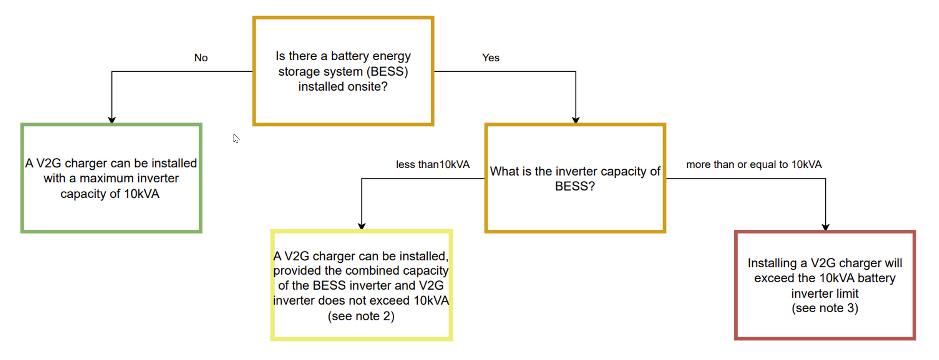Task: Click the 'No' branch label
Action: click(x=201, y=58)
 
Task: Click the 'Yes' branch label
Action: click(x=491, y=58)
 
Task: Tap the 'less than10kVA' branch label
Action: click(x=433, y=164)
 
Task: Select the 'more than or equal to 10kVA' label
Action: click(x=753, y=164)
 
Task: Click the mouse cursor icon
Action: click(x=236, y=138)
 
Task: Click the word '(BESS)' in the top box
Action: click(x=387, y=71)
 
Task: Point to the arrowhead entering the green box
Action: click(x=112, y=120)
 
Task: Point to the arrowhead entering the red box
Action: click(x=825, y=227)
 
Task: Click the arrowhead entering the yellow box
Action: click(x=361, y=226)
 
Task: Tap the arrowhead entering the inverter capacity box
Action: click(x=575, y=120)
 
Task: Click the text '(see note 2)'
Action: click(x=361, y=315)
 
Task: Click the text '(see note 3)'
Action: click(x=824, y=308)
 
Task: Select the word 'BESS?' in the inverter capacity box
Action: click(x=574, y=186)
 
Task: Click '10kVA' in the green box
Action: click(x=141, y=193)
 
